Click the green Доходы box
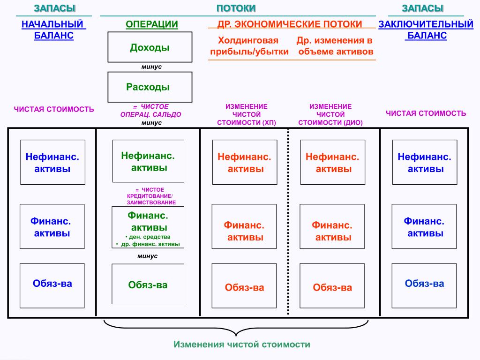click(x=150, y=47)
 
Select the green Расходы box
click(x=150, y=87)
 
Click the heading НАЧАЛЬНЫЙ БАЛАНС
click(x=54, y=30)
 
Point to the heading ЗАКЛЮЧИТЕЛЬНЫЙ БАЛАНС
click(x=426, y=30)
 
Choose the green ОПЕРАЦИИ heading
click(x=152, y=24)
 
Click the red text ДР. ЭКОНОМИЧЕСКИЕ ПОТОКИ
click(x=290, y=24)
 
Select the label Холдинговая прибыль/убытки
click(x=248, y=46)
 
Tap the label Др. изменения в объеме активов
click(x=336, y=46)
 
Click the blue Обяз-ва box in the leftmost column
click(x=52, y=285)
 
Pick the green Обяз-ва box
click(x=148, y=285)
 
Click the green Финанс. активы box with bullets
click(x=148, y=227)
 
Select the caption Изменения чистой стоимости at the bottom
click(x=242, y=345)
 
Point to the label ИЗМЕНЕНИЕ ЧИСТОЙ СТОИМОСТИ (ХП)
click(x=247, y=114)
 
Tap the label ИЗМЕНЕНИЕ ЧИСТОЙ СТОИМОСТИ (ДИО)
click(x=330, y=114)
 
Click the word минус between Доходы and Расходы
click(x=151, y=67)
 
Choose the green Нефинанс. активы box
click(x=148, y=161)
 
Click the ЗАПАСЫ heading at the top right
click(x=423, y=8)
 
